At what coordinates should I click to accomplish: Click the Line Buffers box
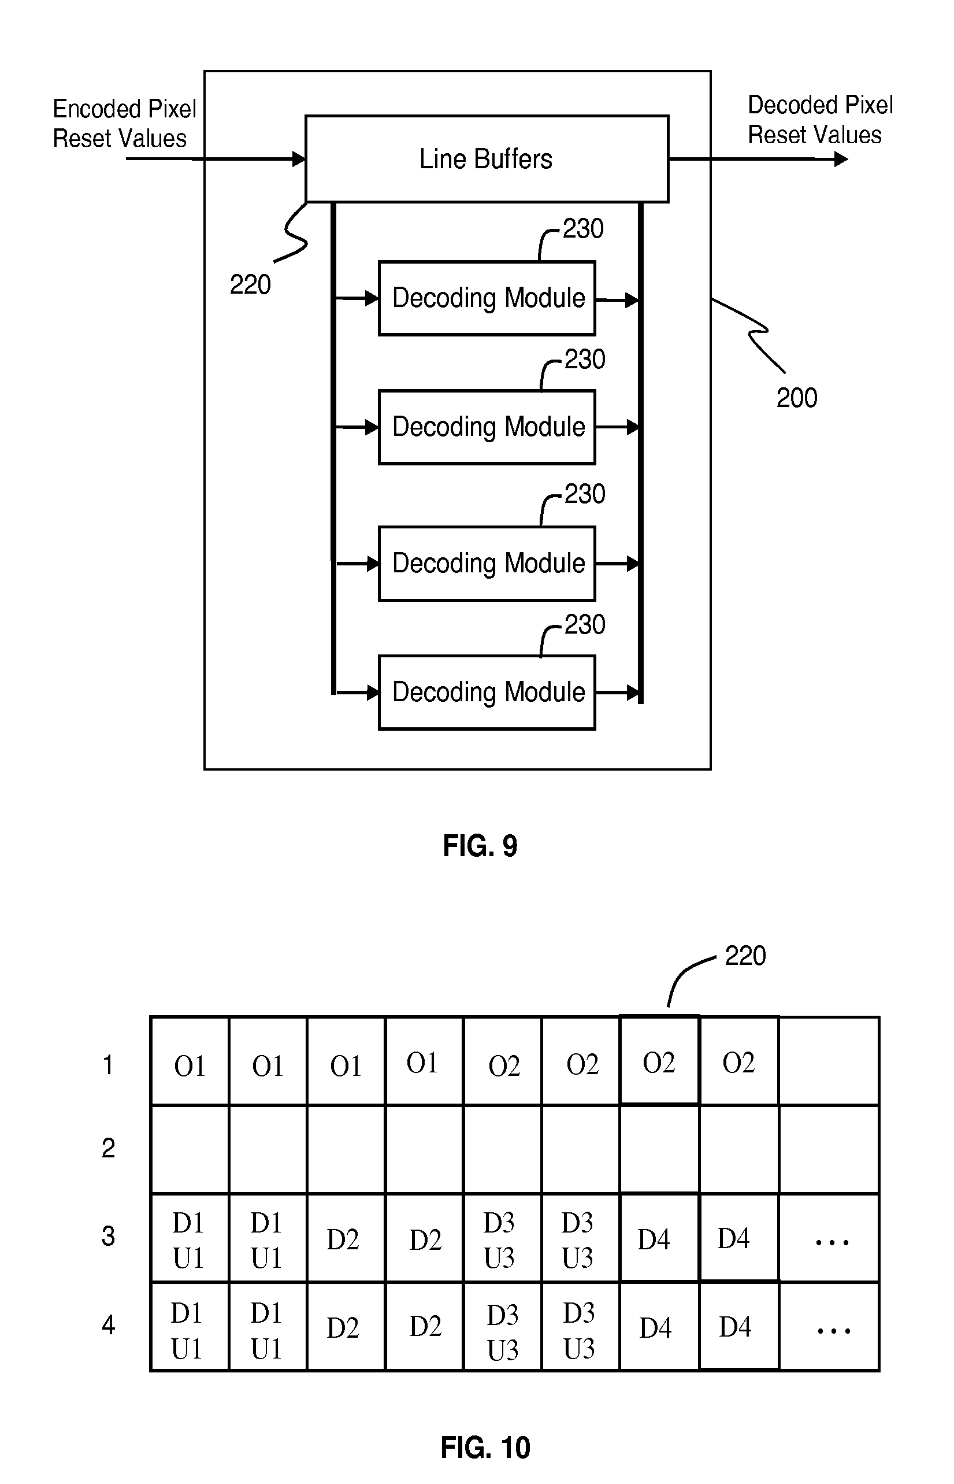click(x=487, y=158)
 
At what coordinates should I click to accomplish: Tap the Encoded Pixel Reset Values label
click(x=123, y=123)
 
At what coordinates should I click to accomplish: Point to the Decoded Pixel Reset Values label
click(x=819, y=120)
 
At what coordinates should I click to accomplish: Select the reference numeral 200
click(x=796, y=398)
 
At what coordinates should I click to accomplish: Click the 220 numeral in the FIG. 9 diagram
click(x=250, y=285)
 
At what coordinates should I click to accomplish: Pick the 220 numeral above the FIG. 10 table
click(x=745, y=956)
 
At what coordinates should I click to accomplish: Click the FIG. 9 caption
click(x=480, y=846)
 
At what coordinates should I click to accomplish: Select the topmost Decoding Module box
click(x=487, y=298)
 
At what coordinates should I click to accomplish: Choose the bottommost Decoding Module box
click(x=487, y=692)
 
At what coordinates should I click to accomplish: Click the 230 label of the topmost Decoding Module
click(x=582, y=229)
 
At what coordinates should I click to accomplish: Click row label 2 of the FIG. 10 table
click(x=109, y=1148)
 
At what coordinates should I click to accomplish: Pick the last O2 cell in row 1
click(x=738, y=1063)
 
